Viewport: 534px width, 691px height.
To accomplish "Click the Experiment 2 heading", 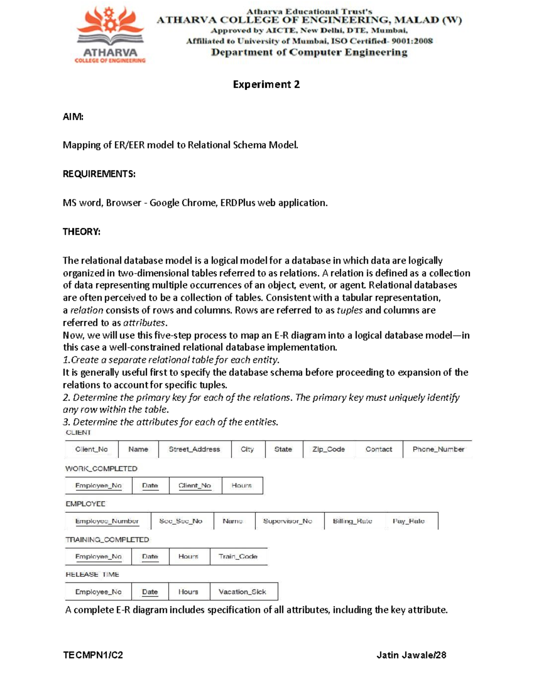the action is click(266, 85).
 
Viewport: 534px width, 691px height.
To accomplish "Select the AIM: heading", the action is click(73, 117).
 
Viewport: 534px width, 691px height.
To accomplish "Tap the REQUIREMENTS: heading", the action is click(99, 174).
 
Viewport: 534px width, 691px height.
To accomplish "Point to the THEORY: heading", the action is click(81, 231).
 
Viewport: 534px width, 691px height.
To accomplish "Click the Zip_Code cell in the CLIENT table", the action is click(328, 449).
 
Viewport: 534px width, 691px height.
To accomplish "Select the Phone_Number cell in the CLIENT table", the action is click(438, 449).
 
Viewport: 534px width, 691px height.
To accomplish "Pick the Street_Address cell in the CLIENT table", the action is click(194, 449).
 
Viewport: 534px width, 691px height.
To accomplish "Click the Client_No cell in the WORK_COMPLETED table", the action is click(194, 485).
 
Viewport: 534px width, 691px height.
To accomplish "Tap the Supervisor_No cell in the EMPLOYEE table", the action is click(287, 521).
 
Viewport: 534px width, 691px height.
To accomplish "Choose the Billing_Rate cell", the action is click(352, 521).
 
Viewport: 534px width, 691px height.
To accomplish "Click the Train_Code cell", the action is click(238, 557).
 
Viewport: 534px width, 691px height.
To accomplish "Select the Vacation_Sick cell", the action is click(242, 592).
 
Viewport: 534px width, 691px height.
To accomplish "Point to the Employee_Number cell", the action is click(107, 521).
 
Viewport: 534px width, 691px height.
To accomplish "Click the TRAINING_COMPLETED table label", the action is click(107, 540).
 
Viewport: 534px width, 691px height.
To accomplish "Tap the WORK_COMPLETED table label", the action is click(101, 469).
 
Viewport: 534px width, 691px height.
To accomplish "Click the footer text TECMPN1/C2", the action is click(93, 655).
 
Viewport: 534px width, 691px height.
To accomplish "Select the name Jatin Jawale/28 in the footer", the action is click(411, 655).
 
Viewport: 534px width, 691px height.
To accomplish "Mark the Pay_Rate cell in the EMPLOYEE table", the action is click(409, 521).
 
